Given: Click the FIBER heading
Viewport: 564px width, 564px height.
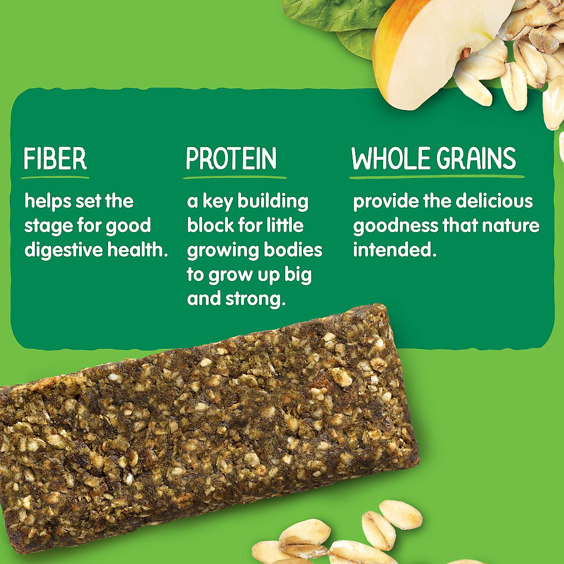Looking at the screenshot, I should tap(55, 159).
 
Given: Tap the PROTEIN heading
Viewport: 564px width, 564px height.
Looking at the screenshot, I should tap(231, 159).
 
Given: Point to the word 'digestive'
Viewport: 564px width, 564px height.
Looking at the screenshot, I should tap(63, 250).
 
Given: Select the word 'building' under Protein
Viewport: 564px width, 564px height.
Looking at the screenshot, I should tap(273, 201).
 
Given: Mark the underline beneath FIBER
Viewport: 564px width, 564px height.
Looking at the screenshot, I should tap(55, 178).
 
